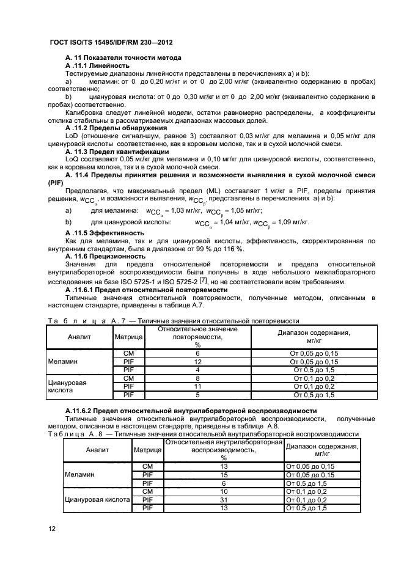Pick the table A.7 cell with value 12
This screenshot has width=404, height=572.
coord(197,362)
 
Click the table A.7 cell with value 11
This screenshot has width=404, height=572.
coord(197,386)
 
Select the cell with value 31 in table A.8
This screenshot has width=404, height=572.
coord(224,500)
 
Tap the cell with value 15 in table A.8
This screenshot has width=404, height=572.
coord(224,475)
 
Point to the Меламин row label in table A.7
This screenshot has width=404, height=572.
coord(63,362)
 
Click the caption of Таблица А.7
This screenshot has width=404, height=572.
coord(172,320)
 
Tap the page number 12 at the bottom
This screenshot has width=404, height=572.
coord(52,529)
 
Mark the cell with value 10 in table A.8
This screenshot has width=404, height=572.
coord(224,491)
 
